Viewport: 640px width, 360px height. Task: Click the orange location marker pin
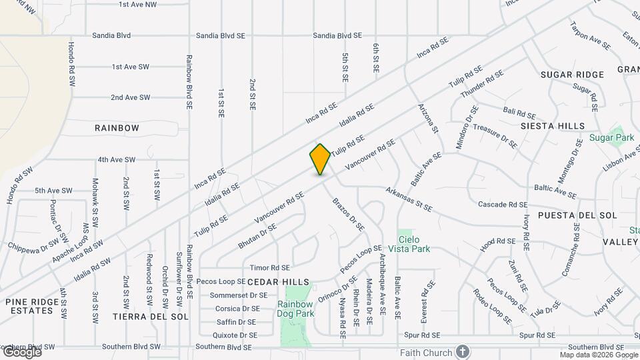pyautogui.click(x=320, y=159)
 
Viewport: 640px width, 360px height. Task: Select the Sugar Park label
pyautogui.click(x=611, y=138)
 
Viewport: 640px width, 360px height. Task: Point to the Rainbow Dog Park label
pyautogui.click(x=295, y=309)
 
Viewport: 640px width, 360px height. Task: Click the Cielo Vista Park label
pyautogui.click(x=414, y=244)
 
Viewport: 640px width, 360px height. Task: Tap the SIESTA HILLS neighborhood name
pyautogui.click(x=553, y=126)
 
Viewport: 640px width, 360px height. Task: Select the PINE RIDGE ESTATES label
pyautogui.click(x=30, y=306)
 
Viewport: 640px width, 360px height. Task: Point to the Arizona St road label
pyautogui.click(x=428, y=118)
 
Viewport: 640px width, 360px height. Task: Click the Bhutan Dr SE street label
pyautogui.click(x=257, y=237)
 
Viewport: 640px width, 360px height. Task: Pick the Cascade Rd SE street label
pyautogui.click(x=503, y=205)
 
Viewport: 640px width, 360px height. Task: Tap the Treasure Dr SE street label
pyautogui.click(x=495, y=135)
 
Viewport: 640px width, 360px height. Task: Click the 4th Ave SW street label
pyautogui.click(x=116, y=160)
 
